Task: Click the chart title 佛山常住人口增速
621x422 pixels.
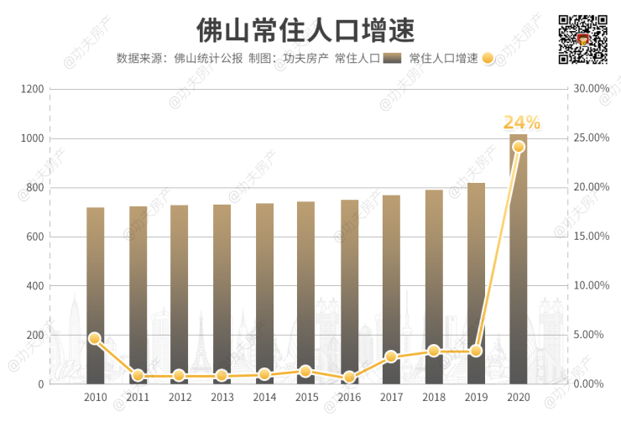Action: click(305, 31)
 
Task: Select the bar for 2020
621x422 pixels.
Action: click(518, 260)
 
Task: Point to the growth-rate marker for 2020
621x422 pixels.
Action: click(519, 147)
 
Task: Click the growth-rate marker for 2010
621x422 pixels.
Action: click(95, 338)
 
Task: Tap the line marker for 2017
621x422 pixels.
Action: click(391, 357)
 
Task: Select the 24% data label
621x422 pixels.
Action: click(521, 123)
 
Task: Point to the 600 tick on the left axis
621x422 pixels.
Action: click(34, 237)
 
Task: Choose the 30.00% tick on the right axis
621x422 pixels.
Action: click(590, 89)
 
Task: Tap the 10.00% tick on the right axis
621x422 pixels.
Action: click(590, 285)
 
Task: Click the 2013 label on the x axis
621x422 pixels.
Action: click(222, 398)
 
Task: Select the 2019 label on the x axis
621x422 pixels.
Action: click(476, 398)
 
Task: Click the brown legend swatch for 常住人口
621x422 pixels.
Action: click(391, 59)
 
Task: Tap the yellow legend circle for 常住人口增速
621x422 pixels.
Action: click(488, 59)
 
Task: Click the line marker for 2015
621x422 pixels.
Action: click(306, 371)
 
